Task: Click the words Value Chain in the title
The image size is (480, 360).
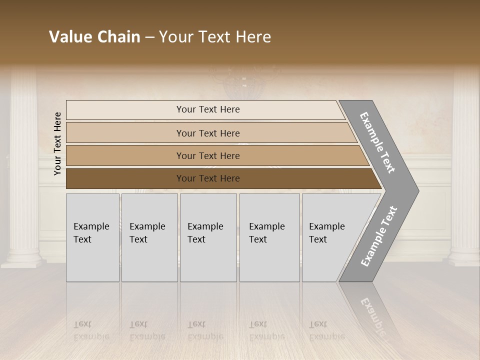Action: (x=94, y=37)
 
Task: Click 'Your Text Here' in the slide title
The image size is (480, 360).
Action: (x=215, y=37)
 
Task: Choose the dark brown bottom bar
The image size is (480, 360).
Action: (x=125, y=178)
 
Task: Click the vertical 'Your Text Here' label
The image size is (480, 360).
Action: (x=57, y=143)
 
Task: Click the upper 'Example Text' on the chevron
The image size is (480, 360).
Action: (x=377, y=142)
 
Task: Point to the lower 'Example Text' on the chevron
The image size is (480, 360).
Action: (x=379, y=236)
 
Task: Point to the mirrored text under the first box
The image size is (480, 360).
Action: (x=91, y=330)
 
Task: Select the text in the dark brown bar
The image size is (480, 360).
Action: (x=208, y=178)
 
